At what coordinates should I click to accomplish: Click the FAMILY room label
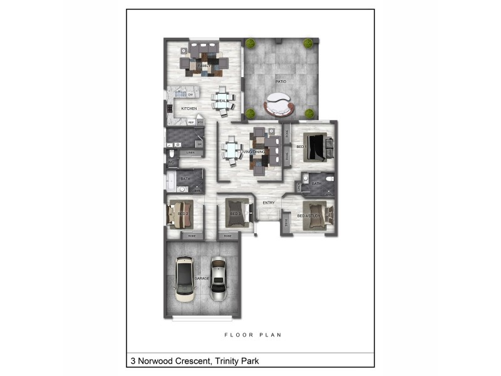(x=203, y=65)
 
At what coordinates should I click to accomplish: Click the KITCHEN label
(x=189, y=109)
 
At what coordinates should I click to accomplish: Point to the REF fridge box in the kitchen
(x=191, y=122)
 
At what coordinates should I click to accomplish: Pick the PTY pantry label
(x=200, y=122)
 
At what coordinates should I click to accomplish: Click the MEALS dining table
(x=223, y=101)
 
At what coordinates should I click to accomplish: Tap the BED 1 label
(x=301, y=147)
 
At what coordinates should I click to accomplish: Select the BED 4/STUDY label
(x=309, y=216)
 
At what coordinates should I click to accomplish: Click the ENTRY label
(x=269, y=202)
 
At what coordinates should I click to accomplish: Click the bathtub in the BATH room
(x=170, y=182)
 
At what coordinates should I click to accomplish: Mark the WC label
(x=170, y=162)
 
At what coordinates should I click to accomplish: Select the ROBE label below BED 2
(x=192, y=236)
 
